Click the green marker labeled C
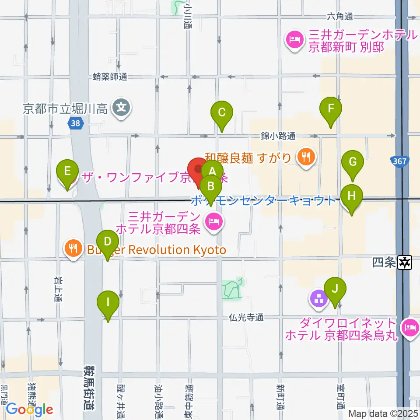222,112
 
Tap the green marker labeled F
331,108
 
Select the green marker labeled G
353,161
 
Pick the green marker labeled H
352,196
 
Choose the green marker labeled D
108,241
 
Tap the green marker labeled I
108,301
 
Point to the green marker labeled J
335,289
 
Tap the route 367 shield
401,161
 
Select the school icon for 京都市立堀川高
120,107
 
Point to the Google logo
29,409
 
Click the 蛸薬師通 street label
110,77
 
